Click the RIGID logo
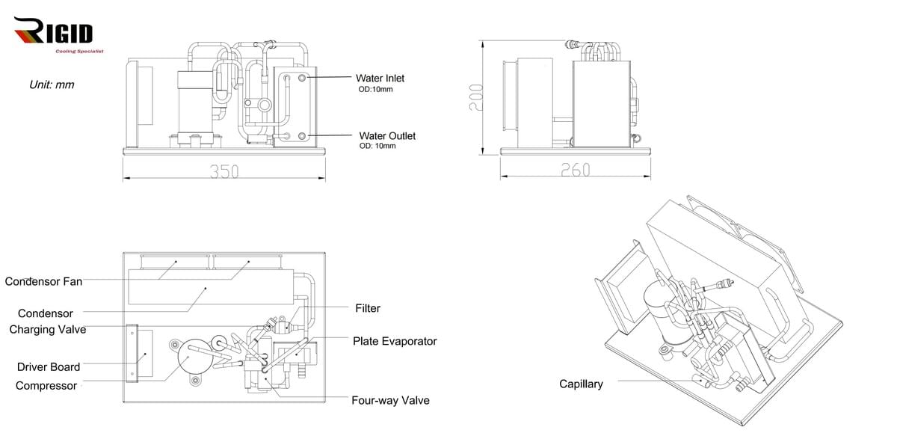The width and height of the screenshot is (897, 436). tap(54, 33)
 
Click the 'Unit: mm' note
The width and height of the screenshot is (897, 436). tap(52, 85)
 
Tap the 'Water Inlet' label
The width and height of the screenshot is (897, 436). tap(380, 78)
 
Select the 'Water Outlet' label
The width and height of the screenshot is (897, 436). tap(387, 135)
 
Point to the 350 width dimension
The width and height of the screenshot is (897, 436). tap(224, 171)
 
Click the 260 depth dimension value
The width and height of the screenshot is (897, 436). tap(575, 171)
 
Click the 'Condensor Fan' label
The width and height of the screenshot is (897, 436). tap(43, 281)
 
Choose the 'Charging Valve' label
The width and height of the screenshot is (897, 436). tap(47, 329)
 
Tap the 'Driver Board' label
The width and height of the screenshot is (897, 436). tap(49, 366)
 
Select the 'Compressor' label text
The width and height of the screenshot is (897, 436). tap(46, 386)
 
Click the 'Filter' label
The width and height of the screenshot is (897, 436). tap(367, 308)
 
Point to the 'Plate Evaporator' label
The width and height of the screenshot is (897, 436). tap(395, 341)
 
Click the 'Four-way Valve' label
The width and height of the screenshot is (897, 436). tap(390, 400)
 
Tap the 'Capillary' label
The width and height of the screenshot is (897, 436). tap(581, 384)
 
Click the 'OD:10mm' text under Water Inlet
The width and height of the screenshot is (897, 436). tap(376, 90)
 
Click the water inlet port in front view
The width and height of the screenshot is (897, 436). tap(302, 78)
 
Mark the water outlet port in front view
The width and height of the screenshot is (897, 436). tap(302, 135)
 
